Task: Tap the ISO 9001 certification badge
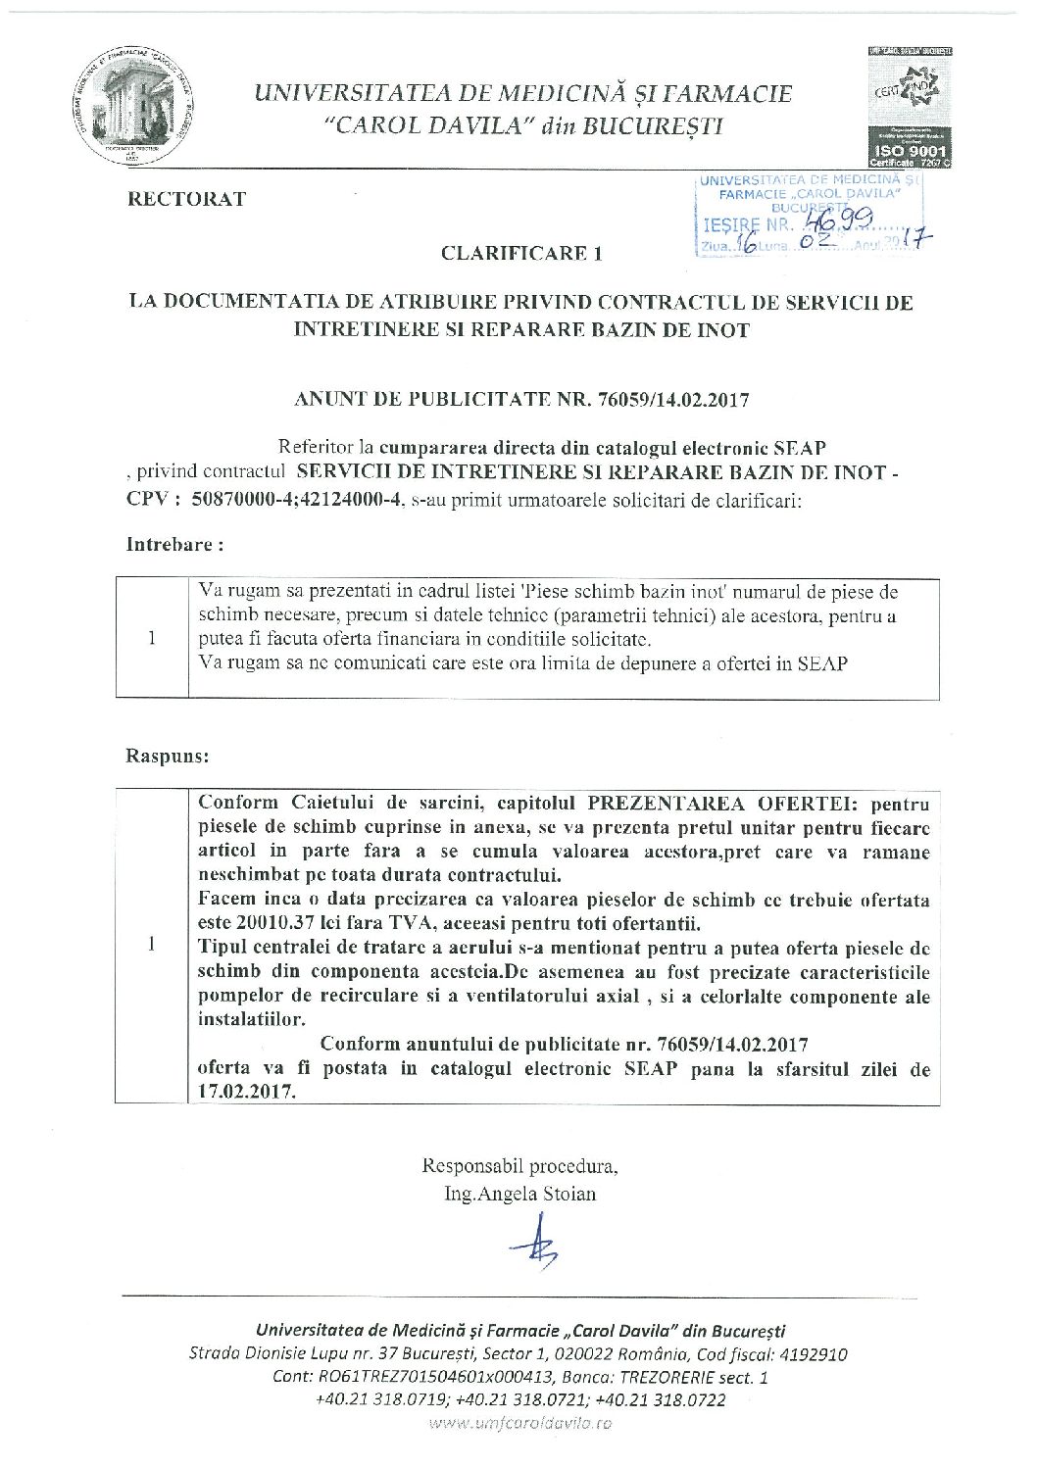pos(909,107)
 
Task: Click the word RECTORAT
pos(186,199)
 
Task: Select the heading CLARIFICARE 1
pos(520,254)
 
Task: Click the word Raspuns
pos(167,757)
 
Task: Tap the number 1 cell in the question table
pos(152,638)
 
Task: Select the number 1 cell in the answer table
pos(152,946)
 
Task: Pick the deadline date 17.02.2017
pos(245,1092)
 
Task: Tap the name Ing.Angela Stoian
pos(519,1194)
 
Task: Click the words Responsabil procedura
pos(519,1166)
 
